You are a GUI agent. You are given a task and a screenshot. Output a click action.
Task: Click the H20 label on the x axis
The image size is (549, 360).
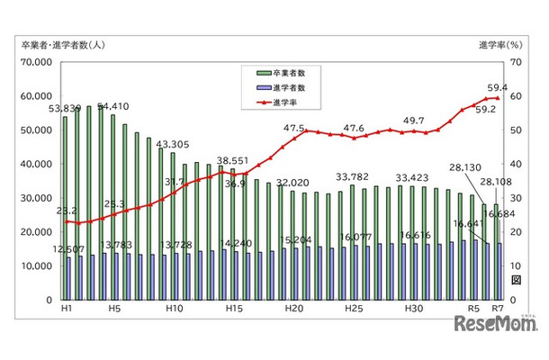click(x=293, y=308)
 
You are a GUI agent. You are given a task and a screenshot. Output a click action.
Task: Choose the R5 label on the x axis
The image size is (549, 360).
click(x=472, y=308)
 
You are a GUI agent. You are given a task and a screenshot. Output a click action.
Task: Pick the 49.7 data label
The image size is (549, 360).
click(x=414, y=120)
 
